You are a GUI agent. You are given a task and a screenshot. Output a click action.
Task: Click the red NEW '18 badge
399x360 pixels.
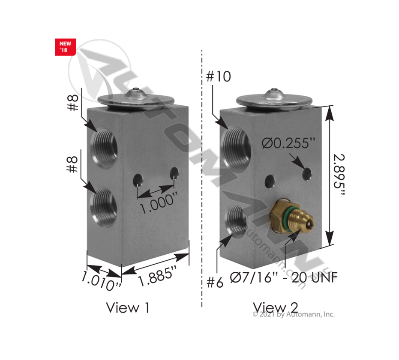66,47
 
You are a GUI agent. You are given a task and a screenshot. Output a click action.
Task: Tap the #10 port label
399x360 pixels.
219,77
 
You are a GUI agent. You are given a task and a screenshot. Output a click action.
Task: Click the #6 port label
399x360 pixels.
215,282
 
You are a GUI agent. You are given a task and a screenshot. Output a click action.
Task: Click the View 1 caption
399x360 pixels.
128,307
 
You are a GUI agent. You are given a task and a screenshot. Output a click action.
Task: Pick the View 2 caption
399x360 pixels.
275,307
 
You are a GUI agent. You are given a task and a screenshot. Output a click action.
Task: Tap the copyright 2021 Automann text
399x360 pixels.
294,315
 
